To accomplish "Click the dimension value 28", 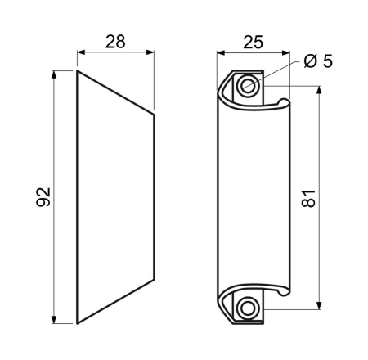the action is point(115,42).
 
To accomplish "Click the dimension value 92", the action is point(43,197).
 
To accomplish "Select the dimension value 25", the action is point(254,43).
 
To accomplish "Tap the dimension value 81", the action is point(309,198).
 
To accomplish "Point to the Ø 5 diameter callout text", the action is point(318,61).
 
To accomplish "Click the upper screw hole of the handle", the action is point(248,86).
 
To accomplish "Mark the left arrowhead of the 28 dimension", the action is point(82,52).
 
